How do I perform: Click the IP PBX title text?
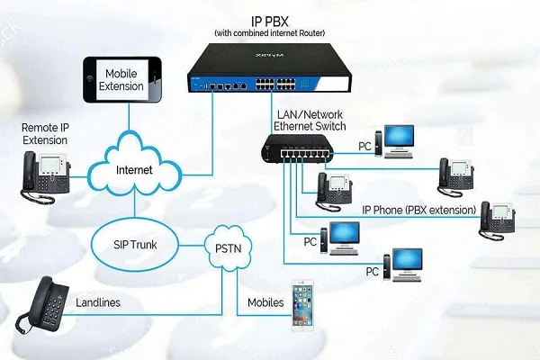click(269, 19)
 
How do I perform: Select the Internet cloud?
click(134, 168)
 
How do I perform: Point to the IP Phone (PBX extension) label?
click(418, 211)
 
